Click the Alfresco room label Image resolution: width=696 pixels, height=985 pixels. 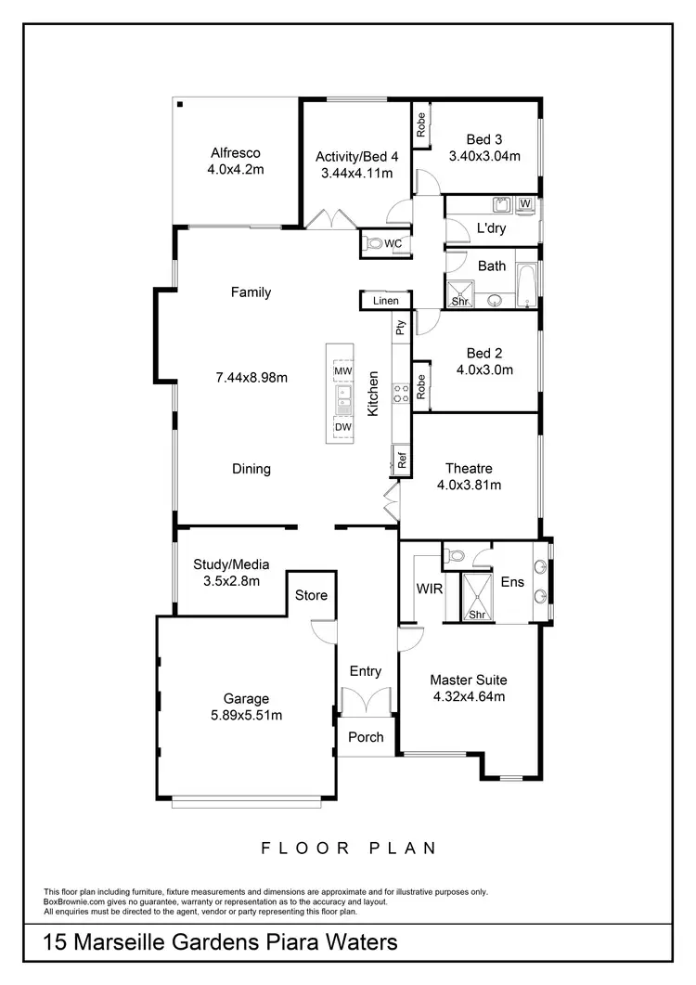pyautogui.click(x=236, y=153)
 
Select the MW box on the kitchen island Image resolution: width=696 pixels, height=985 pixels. pyautogui.click(x=342, y=371)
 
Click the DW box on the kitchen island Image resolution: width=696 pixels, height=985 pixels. pyautogui.click(x=342, y=426)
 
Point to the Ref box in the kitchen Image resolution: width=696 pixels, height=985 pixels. pyautogui.click(x=402, y=460)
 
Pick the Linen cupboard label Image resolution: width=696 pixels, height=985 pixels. pyautogui.click(x=385, y=301)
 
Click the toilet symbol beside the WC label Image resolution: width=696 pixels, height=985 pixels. pyautogui.click(x=373, y=244)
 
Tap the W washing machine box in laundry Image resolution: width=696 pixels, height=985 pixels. pyautogui.click(x=525, y=203)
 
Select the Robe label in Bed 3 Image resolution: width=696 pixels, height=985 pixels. pyautogui.click(x=420, y=124)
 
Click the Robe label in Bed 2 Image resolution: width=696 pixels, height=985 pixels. pyautogui.click(x=420, y=386)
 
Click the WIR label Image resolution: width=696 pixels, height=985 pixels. pyautogui.click(x=429, y=589)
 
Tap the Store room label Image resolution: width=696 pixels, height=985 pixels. pyautogui.click(x=311, y=595)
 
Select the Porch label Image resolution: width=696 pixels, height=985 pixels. pyautogui.click(x=366, y=737)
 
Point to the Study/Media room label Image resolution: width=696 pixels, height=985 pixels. pyautogui.click(x=231, y=564)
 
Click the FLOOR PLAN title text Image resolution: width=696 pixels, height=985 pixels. pyautogui.click(x=348, y=848)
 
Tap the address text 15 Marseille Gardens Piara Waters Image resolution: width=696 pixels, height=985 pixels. pyautogui.click(x=221, y=943)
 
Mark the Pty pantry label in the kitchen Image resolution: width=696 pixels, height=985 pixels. pyautogui.click(x=401, y=327)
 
